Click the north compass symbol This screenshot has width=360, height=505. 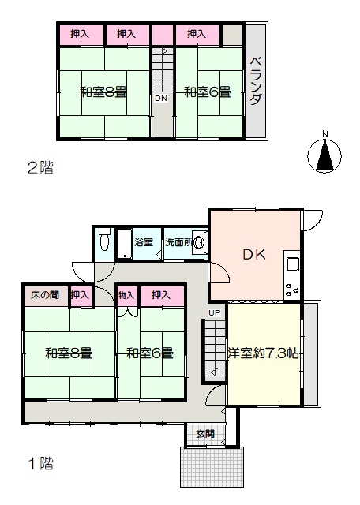pos(324,155)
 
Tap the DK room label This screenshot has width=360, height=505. pos(254,255)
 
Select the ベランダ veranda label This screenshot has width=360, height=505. pos(256,80)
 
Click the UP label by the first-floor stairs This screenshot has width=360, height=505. pos(214,312)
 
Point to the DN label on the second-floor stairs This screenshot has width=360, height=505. pos(161,98)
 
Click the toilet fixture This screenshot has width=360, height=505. pos(104,238)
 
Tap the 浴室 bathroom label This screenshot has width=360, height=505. pos(144,242)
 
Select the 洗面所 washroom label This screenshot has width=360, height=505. pos(178,242)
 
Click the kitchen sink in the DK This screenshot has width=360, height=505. pos(292,265)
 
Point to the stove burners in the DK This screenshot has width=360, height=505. pos(292,290)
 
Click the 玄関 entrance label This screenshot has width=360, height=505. pos(205,434)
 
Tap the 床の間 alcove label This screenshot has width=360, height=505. pos(45,294)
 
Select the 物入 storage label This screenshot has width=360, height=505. pos(126,294)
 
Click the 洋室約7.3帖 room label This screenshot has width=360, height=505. pos(263,353)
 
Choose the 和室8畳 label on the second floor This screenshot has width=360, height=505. pos(103,92)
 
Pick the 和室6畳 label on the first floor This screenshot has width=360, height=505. pos(150,353)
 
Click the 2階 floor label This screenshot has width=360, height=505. pos(40,168)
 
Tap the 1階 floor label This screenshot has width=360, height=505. pos(41,463)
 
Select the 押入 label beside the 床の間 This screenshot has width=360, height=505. pos(80,294)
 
